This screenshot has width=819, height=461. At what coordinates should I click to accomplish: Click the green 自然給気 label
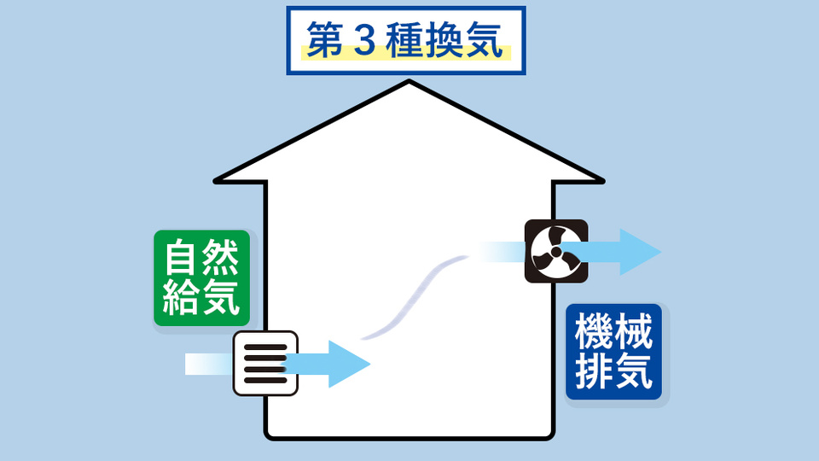201,277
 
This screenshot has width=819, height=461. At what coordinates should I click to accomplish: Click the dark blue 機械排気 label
613,352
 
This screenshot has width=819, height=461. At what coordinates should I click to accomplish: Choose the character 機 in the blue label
595,331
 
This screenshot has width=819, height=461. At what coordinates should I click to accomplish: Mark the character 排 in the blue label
595,372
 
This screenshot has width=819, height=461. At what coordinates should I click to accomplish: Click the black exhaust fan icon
555,252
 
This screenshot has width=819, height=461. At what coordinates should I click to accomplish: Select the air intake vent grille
265,363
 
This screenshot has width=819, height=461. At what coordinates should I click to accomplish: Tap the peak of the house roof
409,83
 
